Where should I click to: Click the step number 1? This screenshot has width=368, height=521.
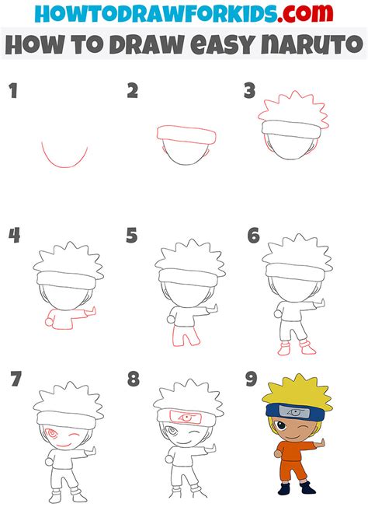13,91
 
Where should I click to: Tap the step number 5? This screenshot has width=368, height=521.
132,235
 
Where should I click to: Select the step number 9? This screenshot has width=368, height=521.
252,379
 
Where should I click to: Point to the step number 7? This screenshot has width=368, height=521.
16,379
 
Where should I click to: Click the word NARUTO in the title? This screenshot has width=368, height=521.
311,44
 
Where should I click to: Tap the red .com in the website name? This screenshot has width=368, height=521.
305,13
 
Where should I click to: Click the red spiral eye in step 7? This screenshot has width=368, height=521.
51,433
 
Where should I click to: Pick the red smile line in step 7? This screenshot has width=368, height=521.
63,446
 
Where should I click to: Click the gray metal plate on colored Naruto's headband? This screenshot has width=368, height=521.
294,412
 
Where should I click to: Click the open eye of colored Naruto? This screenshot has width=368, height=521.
280,426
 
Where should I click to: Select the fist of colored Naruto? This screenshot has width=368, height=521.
277,454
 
